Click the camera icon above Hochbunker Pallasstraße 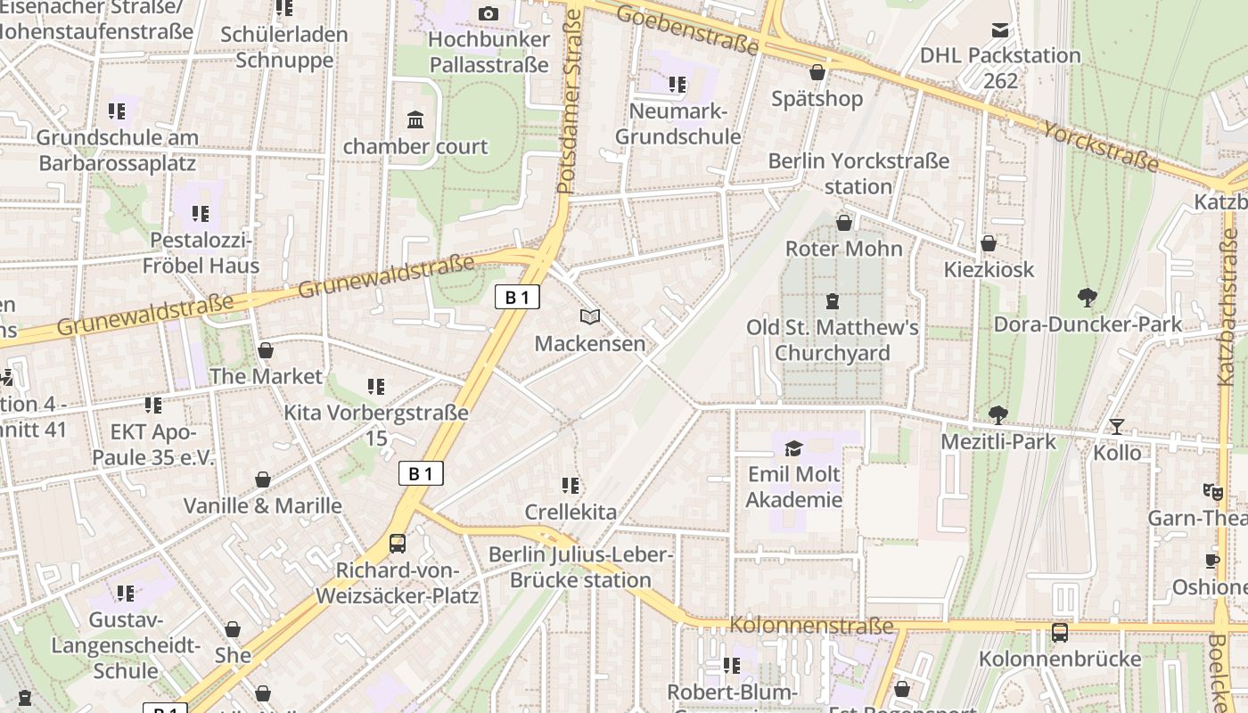[488, 13]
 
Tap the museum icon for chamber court [415, 119]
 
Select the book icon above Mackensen [589, 316]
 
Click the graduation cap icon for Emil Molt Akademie [793, 447]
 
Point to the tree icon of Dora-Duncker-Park [1087, 298]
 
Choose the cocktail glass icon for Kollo [1116, 426]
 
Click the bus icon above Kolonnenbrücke [1059, 633]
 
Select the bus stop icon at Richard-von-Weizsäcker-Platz [398, 543]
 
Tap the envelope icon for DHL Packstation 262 [1000, 29]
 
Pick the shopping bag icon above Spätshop [817, 72]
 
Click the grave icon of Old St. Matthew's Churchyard [833, 301]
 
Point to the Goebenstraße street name [686, 29]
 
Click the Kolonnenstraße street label [810, 626]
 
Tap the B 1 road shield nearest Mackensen [517, 297]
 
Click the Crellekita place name [571, 512]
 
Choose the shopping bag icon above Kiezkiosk [988, 243]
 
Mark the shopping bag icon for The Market [265, 350]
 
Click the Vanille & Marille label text [262, 505]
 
